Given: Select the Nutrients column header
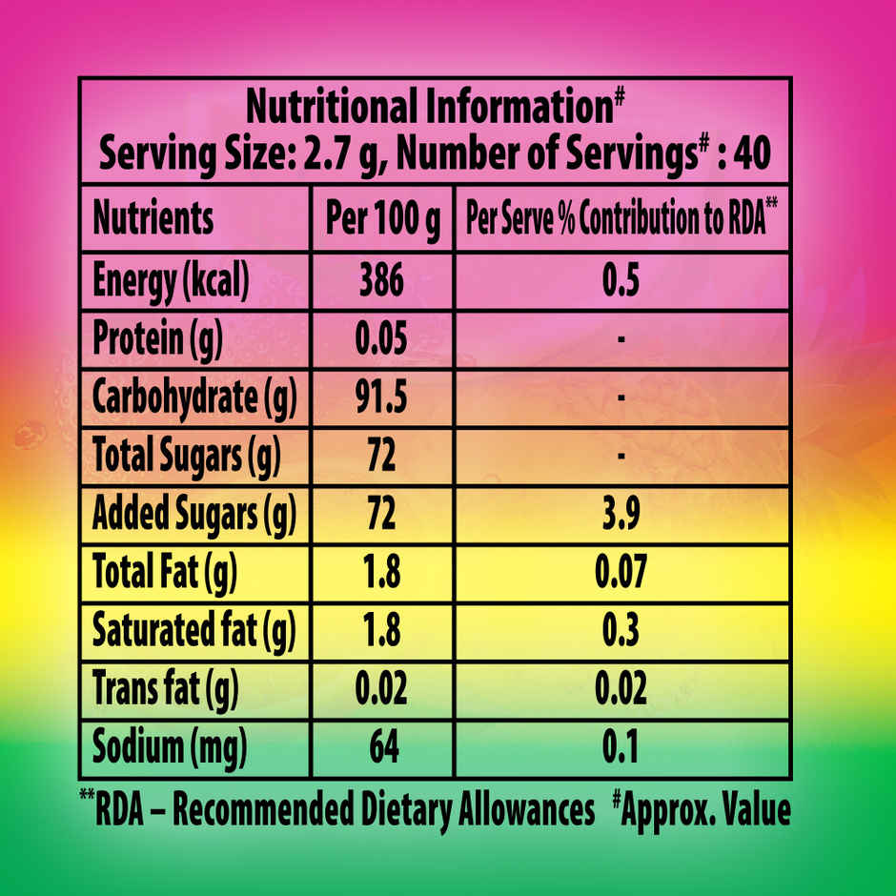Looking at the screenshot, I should click(153, 219).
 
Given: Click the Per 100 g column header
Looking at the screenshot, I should click(383, 219).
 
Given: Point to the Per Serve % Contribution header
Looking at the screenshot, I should click(621, 219).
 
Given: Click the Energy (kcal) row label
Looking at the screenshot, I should click(171, 280).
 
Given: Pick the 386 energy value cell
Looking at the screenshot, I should click(381, 280).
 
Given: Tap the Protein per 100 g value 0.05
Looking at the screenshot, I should click(381, 338).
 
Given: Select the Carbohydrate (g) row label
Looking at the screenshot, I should click(194, 398).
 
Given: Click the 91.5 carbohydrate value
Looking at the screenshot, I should click(381, 398).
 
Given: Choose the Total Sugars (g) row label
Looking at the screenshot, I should click(186, 457).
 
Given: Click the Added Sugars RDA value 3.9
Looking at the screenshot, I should click(621, 515).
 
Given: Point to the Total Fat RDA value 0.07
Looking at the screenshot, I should click(621, 573).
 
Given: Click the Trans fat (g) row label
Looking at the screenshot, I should click(164, 687).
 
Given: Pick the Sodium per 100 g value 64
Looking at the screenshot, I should click(381, 745).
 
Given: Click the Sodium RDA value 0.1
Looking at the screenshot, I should click(621, 745).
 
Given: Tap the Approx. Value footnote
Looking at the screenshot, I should click(702, 809).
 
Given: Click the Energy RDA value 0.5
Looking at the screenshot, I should click(621, 280).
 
